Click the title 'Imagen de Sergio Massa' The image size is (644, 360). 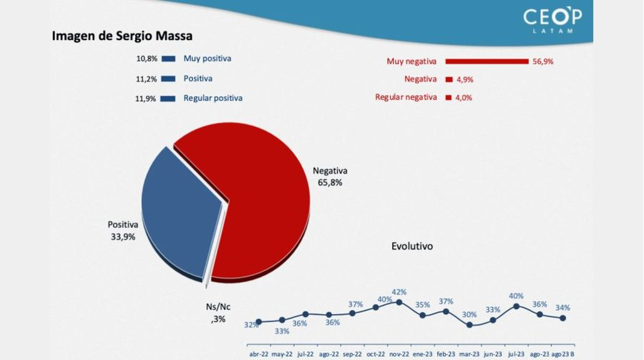click(x=122, y=36)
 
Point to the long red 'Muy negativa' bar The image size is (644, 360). click(x=487, y=61)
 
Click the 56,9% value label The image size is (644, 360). click(x=543, y=62)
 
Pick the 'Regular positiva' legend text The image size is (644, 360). click(x=213, y=98)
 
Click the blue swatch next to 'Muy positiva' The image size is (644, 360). click(x=169, y=59)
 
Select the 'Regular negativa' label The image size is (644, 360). click(x=406, y=97)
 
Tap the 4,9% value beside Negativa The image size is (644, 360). click(x=465, y=79)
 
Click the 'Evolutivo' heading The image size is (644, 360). click(x=412, y=246)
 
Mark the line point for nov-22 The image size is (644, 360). click(x=399, y=302)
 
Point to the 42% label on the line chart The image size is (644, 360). click(x=399, y=292)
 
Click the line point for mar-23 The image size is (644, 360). click(x=470, y=324)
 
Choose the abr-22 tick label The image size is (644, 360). click(x=258, y=354)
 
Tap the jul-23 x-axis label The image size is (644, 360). click(x=516, y=354)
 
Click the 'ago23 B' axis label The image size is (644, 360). click(x=563, y=354)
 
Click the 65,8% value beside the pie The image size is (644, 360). click(x=330, y=182)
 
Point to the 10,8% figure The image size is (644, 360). click(x=147, y=59)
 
